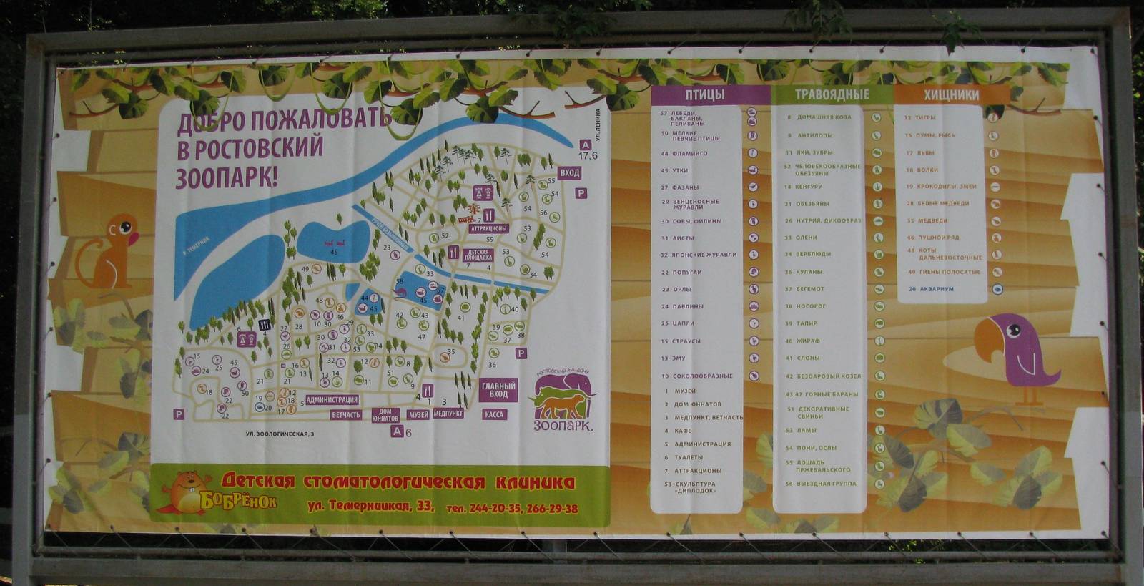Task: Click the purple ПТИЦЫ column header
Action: click(x=705, y=94)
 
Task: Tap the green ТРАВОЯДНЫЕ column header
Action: click(x=832, y=94)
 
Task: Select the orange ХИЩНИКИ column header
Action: click(x=952, y=94)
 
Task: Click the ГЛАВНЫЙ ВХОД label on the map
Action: click(x=498, y=390)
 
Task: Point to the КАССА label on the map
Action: click(x=493, y=414)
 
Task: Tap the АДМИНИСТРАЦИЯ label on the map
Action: click(x=332, y=400)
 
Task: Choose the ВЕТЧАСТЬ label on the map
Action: click(x=346, y=415)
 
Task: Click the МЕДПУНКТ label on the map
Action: click(x=448, y=414)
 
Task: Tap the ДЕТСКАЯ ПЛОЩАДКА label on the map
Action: click(x=478, y=254)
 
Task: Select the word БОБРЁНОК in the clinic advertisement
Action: click(x=238, y=499)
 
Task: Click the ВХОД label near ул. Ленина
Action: click(x=570, y=173)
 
